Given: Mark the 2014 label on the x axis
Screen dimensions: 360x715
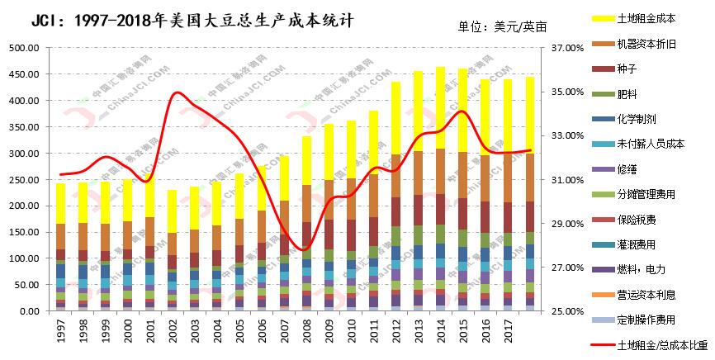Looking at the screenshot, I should point(441,330).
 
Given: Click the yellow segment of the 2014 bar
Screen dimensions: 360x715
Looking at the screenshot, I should point(441,108).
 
